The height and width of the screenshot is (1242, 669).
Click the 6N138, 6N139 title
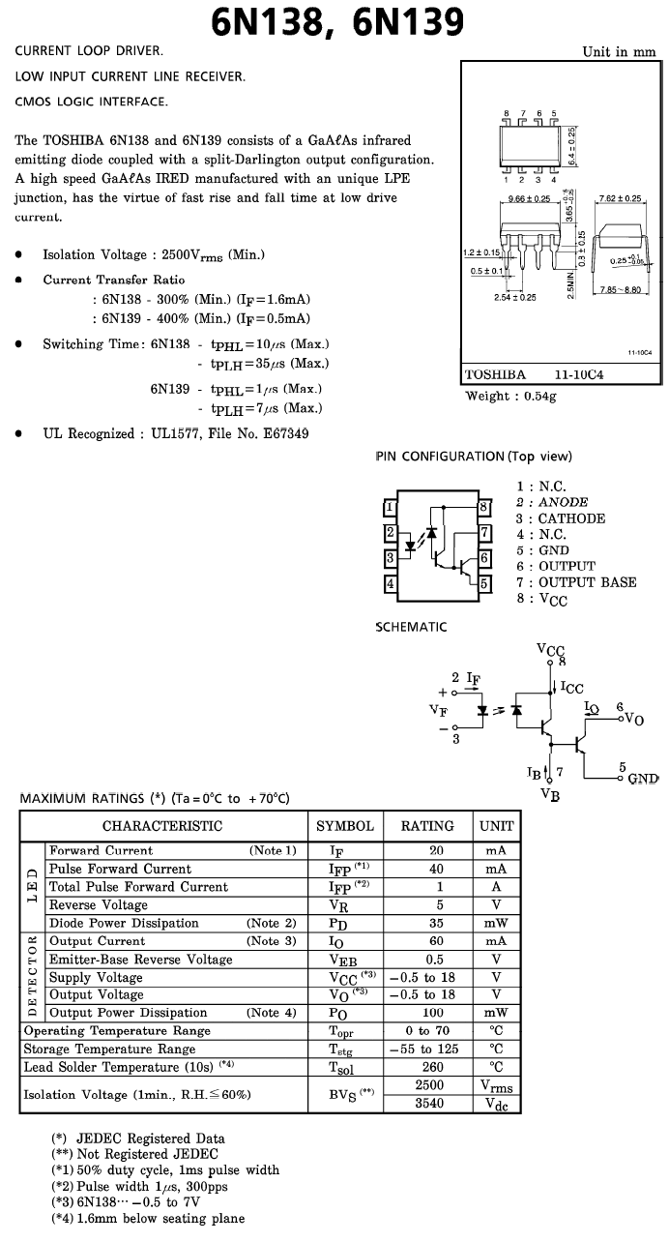coord(337,22)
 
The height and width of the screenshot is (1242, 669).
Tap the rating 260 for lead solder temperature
coord(432,1067)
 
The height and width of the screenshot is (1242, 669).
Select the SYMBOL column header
coord(345,826)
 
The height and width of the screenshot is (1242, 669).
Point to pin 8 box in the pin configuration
coord(484,507)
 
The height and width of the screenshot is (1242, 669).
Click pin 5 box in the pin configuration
coord(484,583)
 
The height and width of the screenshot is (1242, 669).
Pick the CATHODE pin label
coord(571,518)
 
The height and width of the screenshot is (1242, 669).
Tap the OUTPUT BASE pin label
coord(588,582)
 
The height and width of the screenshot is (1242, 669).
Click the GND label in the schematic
coord(643,779)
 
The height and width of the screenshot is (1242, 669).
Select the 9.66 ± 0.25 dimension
coord(529,198)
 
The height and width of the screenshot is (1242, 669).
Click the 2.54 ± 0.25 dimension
coord(515,297)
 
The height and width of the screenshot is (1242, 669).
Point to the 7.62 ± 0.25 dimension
coord(621,198)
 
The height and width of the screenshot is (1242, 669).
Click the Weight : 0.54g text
coord(510,396)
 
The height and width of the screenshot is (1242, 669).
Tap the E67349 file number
coord(286,433)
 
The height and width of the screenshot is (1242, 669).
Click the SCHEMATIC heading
coord(411,627)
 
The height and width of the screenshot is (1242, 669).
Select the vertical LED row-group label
coord(32,886)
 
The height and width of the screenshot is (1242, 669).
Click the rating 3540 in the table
coord(429,1103)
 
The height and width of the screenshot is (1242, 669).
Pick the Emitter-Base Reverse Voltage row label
coord(141,960)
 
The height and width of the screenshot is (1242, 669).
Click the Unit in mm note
coord(619,52)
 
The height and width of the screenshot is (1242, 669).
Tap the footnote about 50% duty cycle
coord(165,1169)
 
